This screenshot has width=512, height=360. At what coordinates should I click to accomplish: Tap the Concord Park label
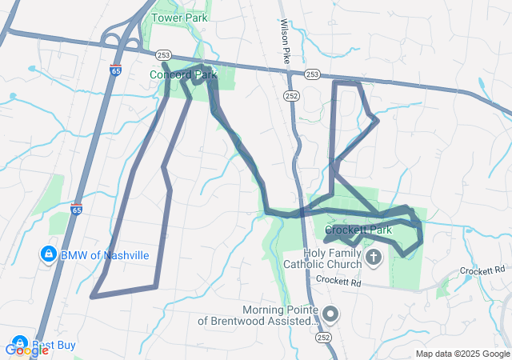click(x=183, y=74)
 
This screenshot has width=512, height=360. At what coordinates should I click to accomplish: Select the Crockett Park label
click(x=358, y=230)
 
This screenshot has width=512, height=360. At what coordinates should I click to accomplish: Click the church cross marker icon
click(x=374, y=258)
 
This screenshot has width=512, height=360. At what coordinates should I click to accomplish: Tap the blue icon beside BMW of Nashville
click(x=49, y=255)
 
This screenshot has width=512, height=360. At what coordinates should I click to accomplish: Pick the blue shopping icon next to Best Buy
click(x=18, y=342)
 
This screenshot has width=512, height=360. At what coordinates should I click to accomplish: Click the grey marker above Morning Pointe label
click(x=331, y=314)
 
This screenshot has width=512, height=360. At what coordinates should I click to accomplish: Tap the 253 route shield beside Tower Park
click(x=164, y=55)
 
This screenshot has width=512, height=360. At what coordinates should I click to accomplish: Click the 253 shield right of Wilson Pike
click(x=312, y=74)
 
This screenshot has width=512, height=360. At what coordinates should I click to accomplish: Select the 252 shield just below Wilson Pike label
click(x=290, y=95)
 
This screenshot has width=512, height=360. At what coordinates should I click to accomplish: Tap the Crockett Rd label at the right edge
click(x=484, y=271)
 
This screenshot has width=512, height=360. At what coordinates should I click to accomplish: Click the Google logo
click(x=26, y=350)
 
